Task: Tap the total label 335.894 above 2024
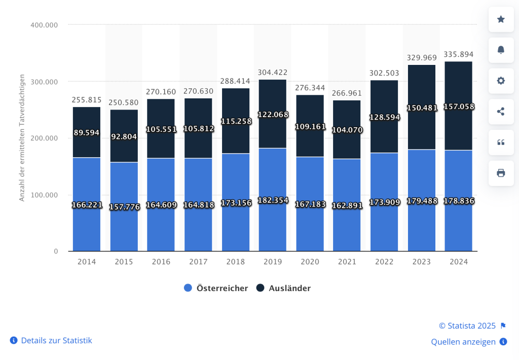coord(458,54)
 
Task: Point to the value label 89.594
coord(86,132)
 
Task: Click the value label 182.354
coord(272,200)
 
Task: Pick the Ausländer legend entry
coord(283,288)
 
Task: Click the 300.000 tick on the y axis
coord(45,82)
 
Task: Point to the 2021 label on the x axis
coord(347,262)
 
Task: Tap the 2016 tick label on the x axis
coord(161,262)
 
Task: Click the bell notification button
coord(501,50)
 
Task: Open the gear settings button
coord(501,81)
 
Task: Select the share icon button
coord(501,112)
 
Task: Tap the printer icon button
coord(501,173)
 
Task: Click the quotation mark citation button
coord(501,142)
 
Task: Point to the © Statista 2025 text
coord(467,326)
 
